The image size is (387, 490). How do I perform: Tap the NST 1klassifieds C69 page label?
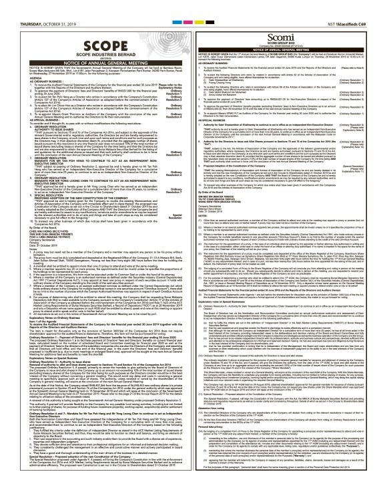pyautogui.click(x=363, y=4)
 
